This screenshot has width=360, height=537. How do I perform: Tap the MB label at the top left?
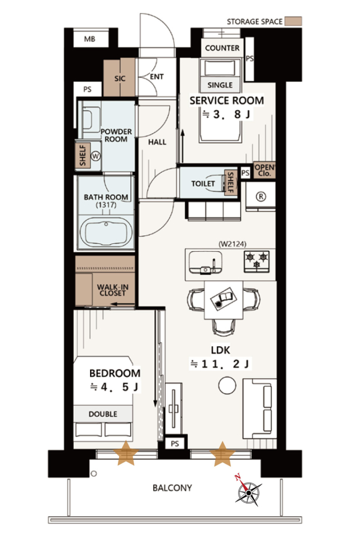[89, 39]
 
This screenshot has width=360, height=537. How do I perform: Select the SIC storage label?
[120, 78]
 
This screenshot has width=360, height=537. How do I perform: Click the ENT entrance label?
[157, 77]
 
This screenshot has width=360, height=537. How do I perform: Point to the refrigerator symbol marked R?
[260, 196]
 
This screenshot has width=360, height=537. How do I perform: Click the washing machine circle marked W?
[96, 157]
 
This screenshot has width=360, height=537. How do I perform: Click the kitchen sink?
[205, 263]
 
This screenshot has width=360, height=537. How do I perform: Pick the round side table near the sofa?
[227, 385]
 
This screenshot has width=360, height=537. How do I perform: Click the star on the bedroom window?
[126, 453]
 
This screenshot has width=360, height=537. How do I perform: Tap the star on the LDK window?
[222, 454]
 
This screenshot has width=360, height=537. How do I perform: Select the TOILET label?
[203, 183]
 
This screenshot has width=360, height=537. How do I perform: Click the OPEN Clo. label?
[264, 170]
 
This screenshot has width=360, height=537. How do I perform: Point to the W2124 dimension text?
[233, 244]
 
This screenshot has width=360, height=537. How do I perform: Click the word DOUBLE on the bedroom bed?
[103, 414]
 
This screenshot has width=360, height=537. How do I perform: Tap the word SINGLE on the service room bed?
[220, 85]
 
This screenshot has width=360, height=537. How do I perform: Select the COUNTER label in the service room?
[222, 48]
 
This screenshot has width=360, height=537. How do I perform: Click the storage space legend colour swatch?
[293, 21]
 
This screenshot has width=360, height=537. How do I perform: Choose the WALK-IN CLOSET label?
[112, 290]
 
